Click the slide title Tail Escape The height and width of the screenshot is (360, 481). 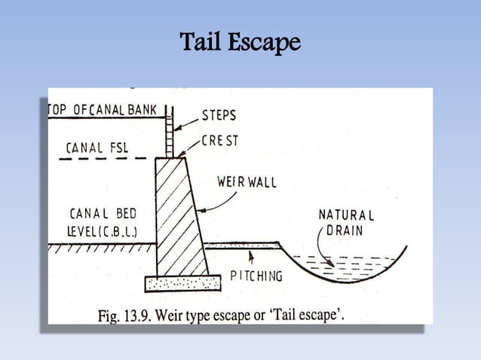coord(240,42)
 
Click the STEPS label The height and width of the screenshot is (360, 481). coord(219,115)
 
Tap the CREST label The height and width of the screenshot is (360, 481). coord(220,141)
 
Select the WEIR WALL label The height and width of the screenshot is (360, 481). coord(247,182)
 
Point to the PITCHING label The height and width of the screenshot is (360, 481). coord(256,276)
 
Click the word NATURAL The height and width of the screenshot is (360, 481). coord(346,215)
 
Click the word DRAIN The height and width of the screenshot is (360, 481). coord(345,230)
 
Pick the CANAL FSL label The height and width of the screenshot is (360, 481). coord(97,148)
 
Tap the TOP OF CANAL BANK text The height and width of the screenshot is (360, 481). coord(103,110)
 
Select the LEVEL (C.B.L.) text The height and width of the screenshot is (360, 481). coord(102,232)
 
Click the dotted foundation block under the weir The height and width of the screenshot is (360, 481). coord(183,283)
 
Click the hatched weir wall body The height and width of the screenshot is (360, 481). coord(180,217)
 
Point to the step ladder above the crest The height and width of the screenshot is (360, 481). coord(170,132)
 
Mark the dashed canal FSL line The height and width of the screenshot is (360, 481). coord(103,159)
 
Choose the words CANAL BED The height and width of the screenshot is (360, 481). coord(103,214)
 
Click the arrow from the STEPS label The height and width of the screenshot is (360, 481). coord(186,125)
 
